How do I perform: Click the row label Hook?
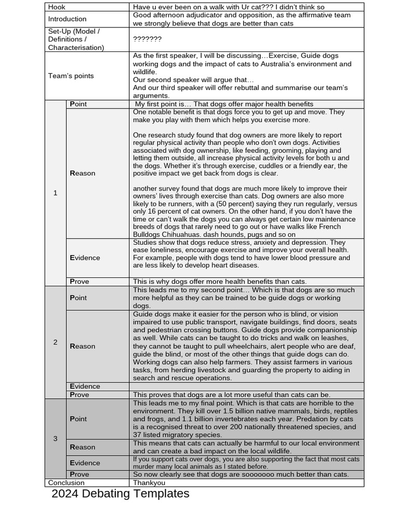[x=57, y=7]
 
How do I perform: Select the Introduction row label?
[x=68, y=19]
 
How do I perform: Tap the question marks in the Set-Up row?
[x=147, y=39]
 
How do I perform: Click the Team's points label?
[x=71, y=76]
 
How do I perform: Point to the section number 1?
[x=56, y=193]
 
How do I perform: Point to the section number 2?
[x=56, y=342]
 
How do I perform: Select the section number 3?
[x=56, y=438]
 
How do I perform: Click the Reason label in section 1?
[x=83, y=173]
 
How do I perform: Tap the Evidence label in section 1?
[x=85, y=258]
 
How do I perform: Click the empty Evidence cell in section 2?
[x=246, y=387]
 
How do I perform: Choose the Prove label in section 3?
[x=79, y=474]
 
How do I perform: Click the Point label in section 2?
[x=78, y=298]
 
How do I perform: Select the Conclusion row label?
[x=66, y=483]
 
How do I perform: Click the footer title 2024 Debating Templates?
[x=121, y=494]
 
